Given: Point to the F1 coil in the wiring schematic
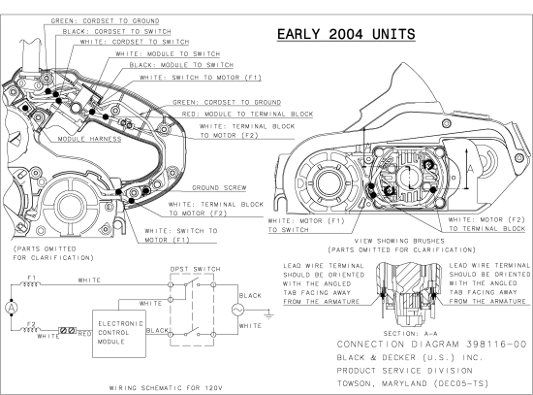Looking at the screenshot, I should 34,283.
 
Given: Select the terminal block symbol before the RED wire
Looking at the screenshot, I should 68,330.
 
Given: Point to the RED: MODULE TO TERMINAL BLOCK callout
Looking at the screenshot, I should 243,114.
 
